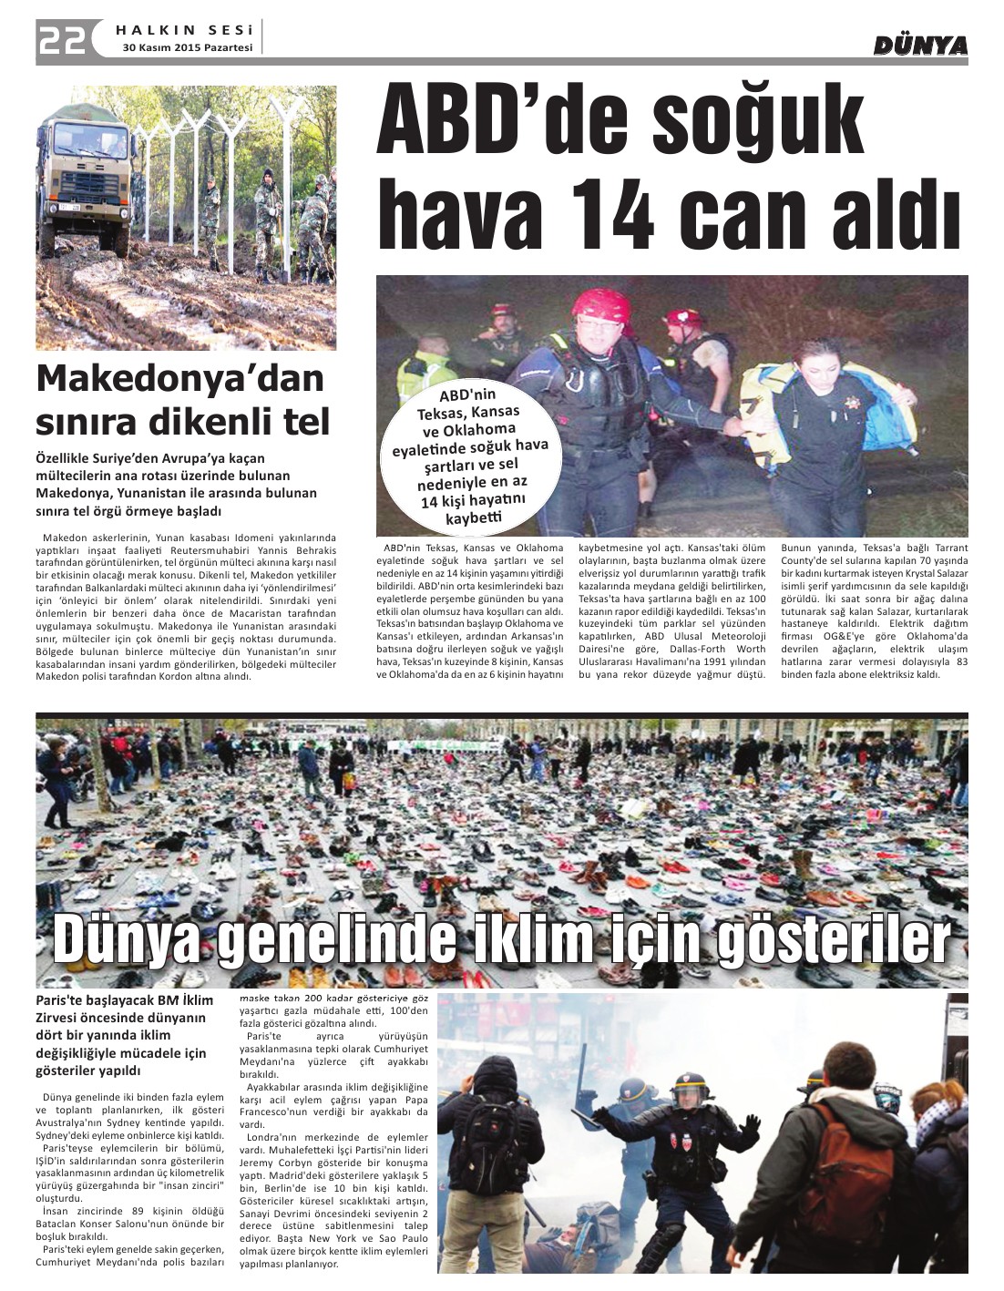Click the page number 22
tap(62, 40)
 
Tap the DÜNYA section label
tap(919, 45)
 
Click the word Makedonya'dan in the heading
tap(179, 379)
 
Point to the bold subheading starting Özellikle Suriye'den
tap(176, 484)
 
